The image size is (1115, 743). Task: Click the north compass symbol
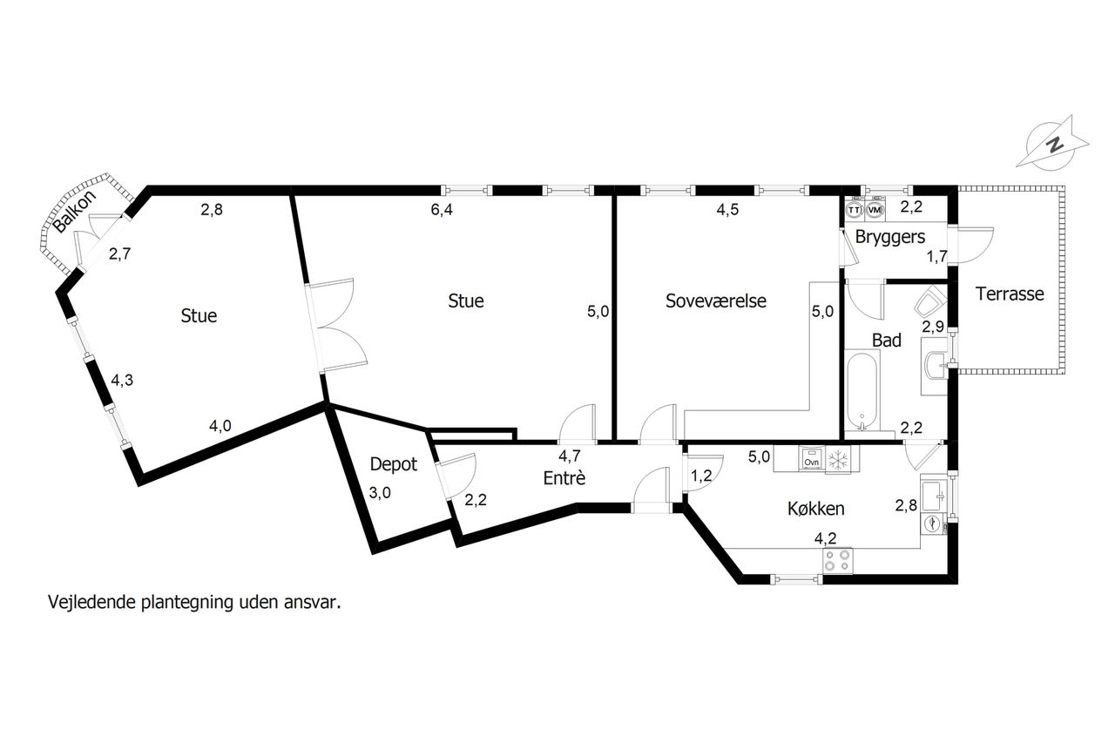pyautogui.click(x=1051, y=145)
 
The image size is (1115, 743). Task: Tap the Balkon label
pyautogui.click(x=75, y=212)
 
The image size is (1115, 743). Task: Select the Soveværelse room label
pyautogui.click(x=716, y=301)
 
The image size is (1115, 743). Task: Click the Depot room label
pyautogui.click(x=393, y=464)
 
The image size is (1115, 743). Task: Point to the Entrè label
pyautogui.click(x=564, y=478)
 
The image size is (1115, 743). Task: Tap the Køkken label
pyautogui.click(x=816, y=509)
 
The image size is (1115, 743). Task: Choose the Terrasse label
pyautogui.click(x=1010, y=294)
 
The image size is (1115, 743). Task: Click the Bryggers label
pyautogui.click(x=890, y=237)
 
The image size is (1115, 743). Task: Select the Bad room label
pyautogui.click(x=887, y=341)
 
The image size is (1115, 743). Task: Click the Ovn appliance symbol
pyautogui.click(x=811, y=458)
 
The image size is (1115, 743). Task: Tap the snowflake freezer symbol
pyautogui.click(x=838, y=459)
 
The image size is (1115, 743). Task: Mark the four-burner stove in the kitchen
pyautogui.click(x=837, y=561)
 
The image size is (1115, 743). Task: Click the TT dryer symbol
pyautogui.click(x=855, y=211)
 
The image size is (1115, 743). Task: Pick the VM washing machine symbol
pyautogui.click(x=875, y=210)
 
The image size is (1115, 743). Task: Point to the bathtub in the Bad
pyautogui.click(x=862, y=389)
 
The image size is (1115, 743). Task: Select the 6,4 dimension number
pyautogui.click(x=442, y=210)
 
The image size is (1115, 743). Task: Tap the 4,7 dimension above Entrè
pyautogui.click(x=570, y=456)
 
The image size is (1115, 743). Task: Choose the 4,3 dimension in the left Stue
pyautogui.click(x=122, y=380)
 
